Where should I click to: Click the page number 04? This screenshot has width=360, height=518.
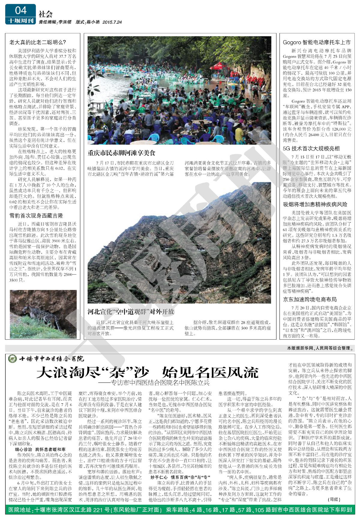[20, 11]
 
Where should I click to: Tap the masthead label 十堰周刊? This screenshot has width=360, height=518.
[20, 21]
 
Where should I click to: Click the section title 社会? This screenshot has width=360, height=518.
[46, 14]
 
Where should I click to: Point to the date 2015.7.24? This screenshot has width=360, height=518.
[112, 22]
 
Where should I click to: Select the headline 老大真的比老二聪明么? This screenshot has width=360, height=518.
[38, 42]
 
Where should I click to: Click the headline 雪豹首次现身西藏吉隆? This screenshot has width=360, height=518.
[36, 215]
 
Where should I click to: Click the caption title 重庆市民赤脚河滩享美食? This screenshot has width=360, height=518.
[121, 153]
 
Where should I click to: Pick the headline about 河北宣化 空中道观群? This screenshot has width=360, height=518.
[131, 312]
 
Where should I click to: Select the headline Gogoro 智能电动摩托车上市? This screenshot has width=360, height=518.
[316, 42]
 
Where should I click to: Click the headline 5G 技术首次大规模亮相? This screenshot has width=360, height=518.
[311, 149]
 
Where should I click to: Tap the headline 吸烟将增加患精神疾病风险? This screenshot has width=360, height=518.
[315, 204]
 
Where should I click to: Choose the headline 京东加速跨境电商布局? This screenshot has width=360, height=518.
[310, 300]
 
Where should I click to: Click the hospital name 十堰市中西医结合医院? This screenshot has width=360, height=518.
[51, 358]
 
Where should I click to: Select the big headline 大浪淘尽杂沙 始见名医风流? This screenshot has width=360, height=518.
[147, 372]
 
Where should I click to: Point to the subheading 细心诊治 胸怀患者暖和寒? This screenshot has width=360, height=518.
[40, 449]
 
